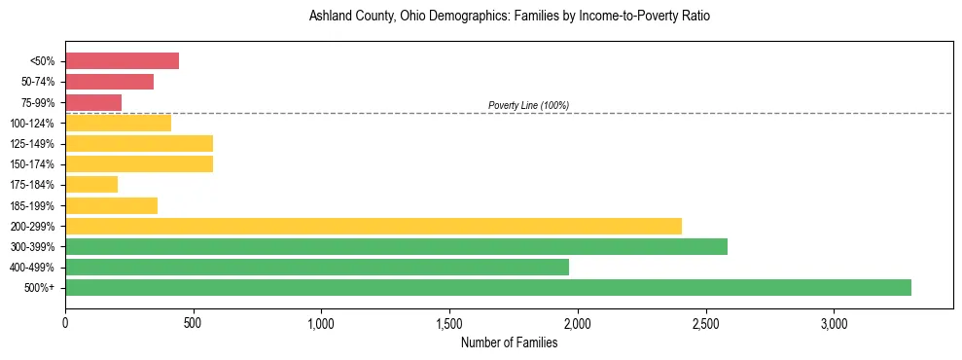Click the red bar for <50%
[x=122, y=61]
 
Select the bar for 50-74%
[x=109, y=82]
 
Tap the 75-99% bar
[x=93, y=102]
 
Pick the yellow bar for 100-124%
[x=118, y=123]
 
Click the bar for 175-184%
[x=91, y=184]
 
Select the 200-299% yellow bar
[x=374, y=226]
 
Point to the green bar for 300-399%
[x=396, y=246]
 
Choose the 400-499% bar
[x=317, y=267]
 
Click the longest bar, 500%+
[x=488, y=287]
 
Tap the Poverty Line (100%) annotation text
[x=528, y=105]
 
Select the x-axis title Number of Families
[x=509, y=342]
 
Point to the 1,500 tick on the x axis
[x=449, y=323]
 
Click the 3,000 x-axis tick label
[x=834, y=323]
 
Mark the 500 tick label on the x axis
[x=193, y=323]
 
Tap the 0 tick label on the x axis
[x=65, y=323]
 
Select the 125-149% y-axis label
[x=32, y=144]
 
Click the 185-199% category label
[x=32, y=205]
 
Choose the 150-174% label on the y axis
[x=32, y=164]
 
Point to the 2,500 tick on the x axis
[x=705, y=323]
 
